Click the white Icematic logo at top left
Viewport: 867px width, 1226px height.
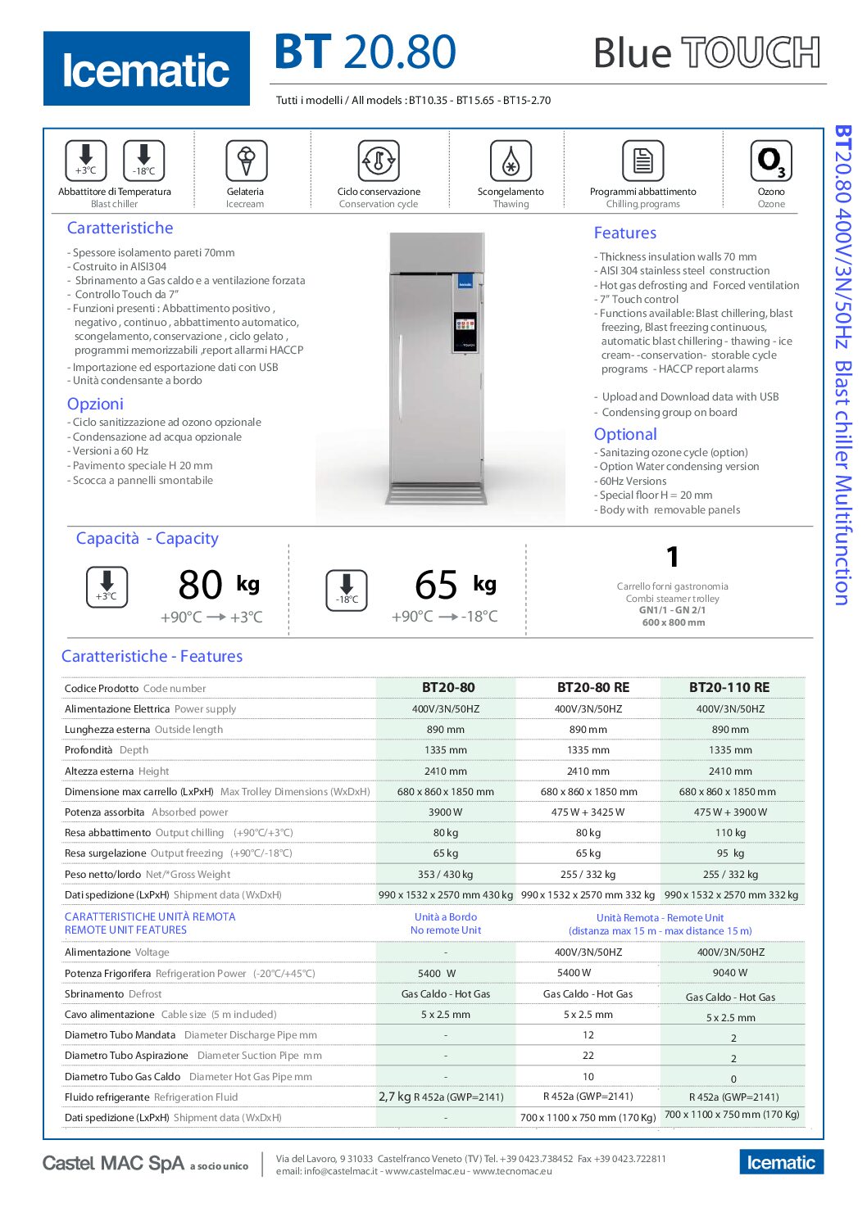tap(146, 70)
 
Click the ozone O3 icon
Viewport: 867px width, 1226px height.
tap(770, 160)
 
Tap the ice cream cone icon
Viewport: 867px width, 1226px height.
tap(246, 160)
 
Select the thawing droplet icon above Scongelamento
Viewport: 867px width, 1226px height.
tap(511, 160)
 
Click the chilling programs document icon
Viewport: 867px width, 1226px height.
tap(642, 160)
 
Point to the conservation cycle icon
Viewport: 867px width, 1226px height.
tap(379, 160)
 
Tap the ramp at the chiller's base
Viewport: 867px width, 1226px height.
tap(438, 495)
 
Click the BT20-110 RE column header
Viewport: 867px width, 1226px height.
tap(729, 688)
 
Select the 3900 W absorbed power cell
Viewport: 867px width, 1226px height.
tap(446, 812)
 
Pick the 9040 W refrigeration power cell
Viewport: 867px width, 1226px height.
tap(730, 973)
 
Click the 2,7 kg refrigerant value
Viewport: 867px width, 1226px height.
tap(395, 1097)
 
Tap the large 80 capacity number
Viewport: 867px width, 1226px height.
tap(200, 586)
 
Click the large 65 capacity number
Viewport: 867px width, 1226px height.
tap(436, 586)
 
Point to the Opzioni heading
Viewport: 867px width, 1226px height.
tap(95, 404)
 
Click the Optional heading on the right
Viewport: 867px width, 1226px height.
tap(625, 435)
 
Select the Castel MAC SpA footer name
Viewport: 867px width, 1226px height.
tap(113, 1163)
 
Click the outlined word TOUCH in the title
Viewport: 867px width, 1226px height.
tap(751, 53)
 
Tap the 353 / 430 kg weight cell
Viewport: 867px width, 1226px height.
tap(446, 875)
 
